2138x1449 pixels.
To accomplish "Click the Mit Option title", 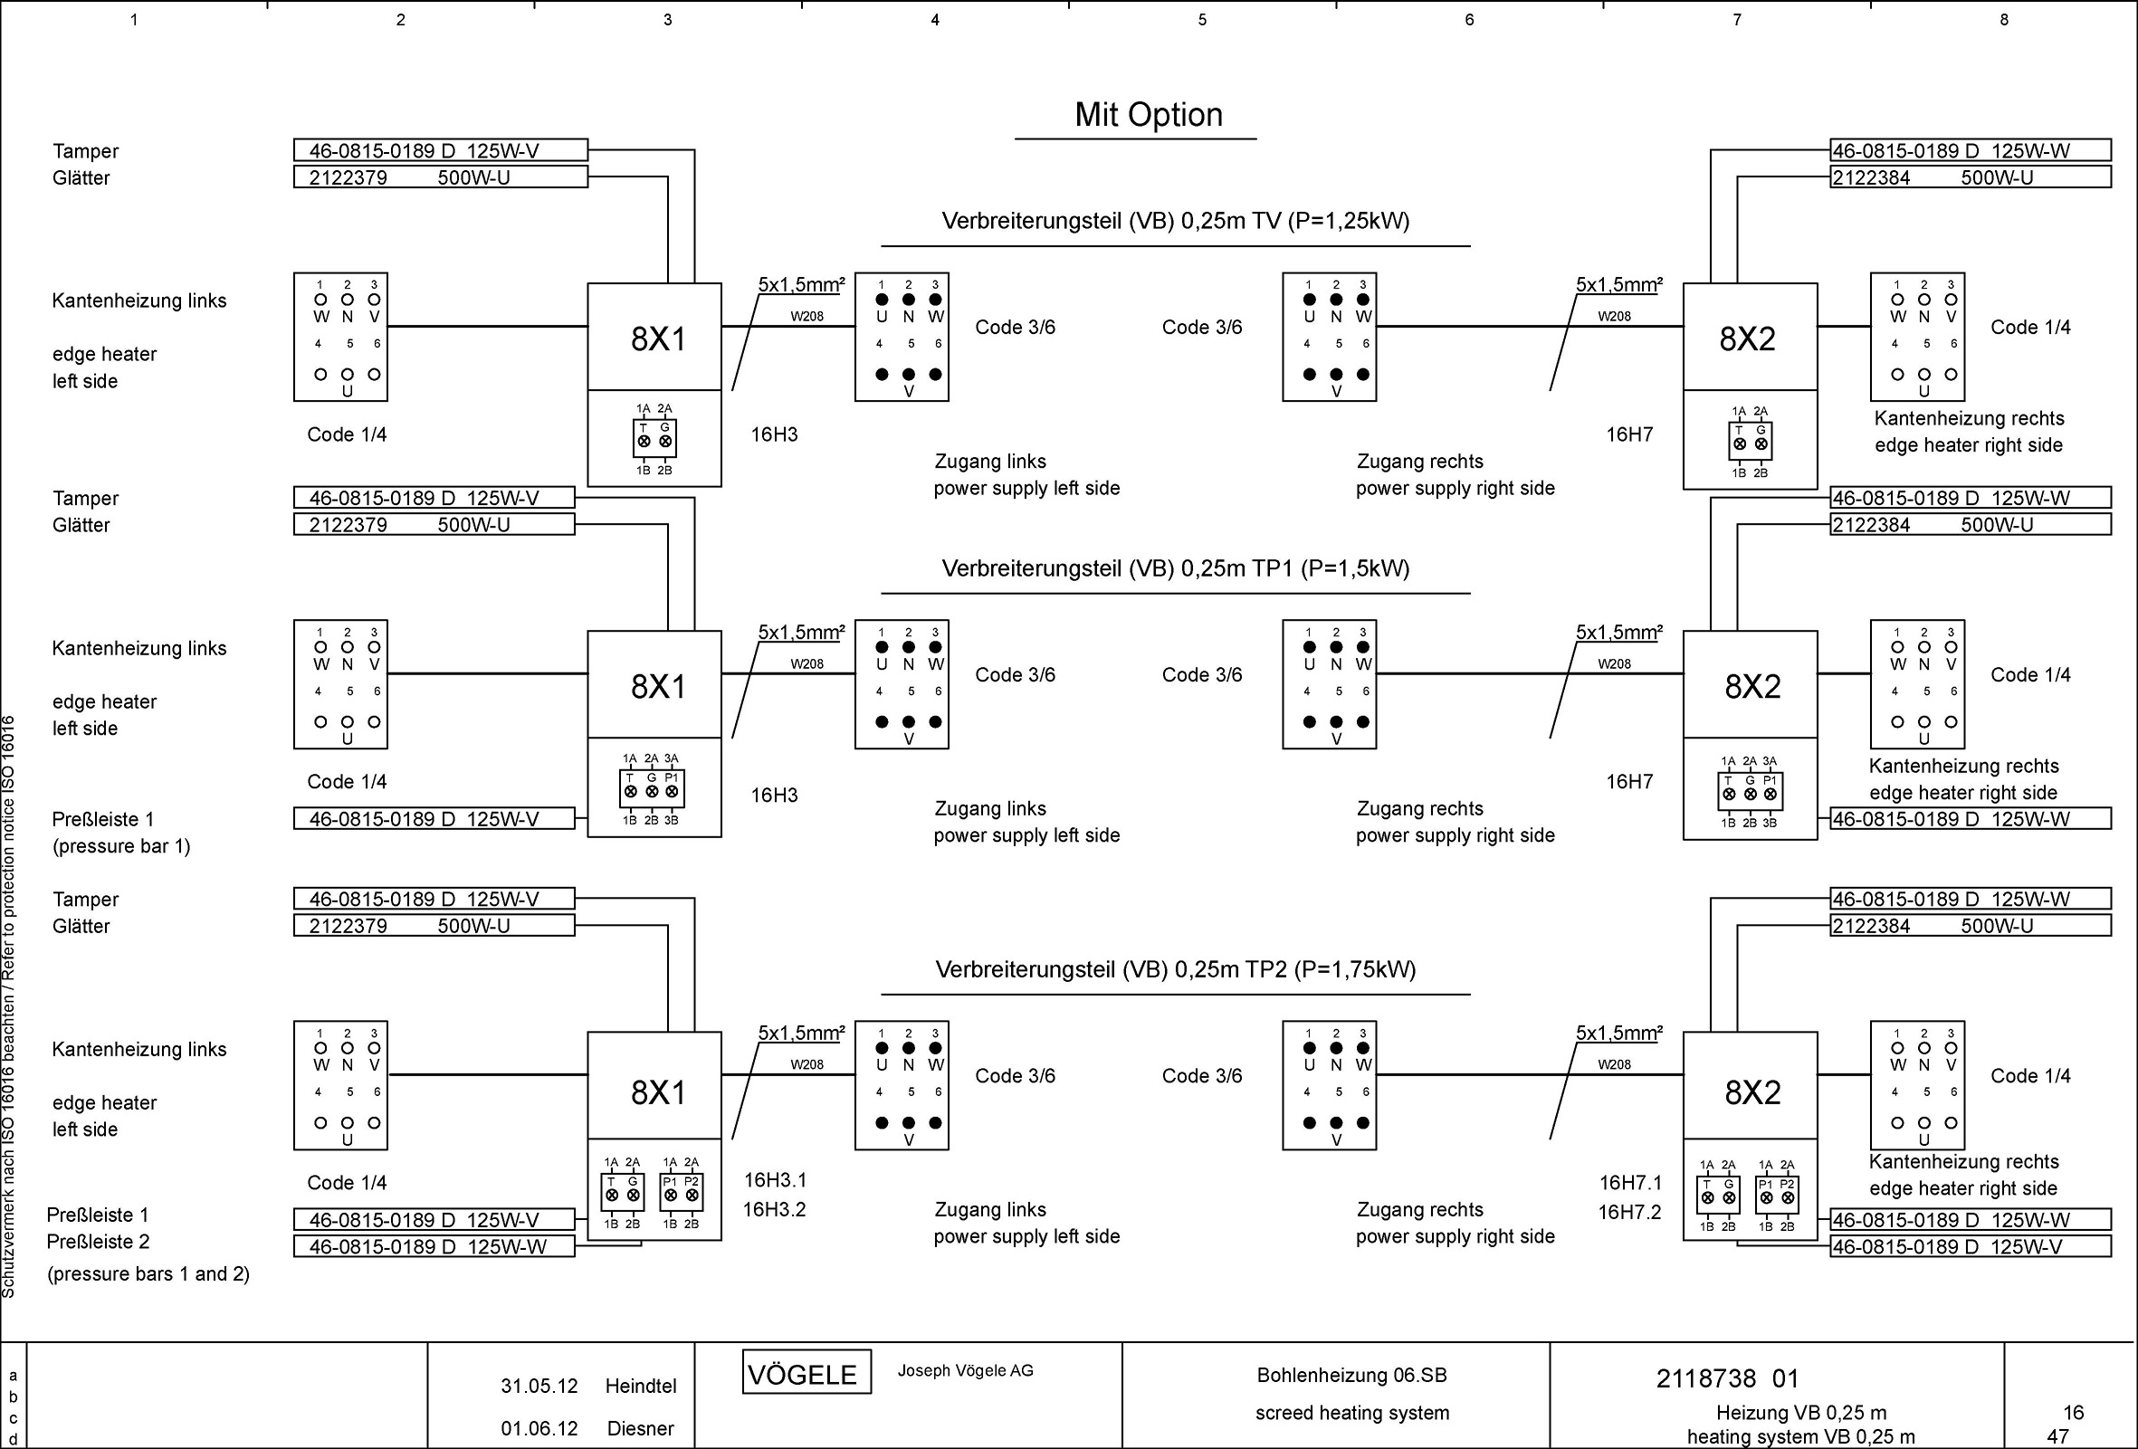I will tap(1148, 115).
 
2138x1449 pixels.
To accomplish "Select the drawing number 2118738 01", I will tap(1727, 1378).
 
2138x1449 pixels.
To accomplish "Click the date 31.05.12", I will tap(539, 1387).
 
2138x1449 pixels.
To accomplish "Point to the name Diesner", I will tap(640, 1429).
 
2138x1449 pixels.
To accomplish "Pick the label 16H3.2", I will tap(774, 1210).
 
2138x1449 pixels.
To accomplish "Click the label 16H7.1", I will tap(1630, 1183).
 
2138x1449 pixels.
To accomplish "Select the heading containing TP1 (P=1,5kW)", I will tap(1175, 568).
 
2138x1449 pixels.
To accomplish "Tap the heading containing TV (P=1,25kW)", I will tap(1175, 221).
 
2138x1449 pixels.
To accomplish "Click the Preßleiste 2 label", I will tap(98, 1242).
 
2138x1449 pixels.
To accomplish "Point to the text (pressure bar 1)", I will tap(121, 846).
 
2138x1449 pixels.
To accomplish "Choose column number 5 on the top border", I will tap(1201, 19).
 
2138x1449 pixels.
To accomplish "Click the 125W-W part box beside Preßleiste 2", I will tap(434, 1246).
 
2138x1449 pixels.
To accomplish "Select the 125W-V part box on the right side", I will tap(1970, 1246).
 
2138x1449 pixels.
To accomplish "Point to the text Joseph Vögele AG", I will tap(965, 1371).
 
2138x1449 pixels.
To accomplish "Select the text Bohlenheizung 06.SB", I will tap(1351, 1376).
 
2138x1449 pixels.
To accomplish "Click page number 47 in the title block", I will tap(2057, 1436).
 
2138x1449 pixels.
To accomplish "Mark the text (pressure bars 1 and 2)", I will tap(148, 1274).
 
